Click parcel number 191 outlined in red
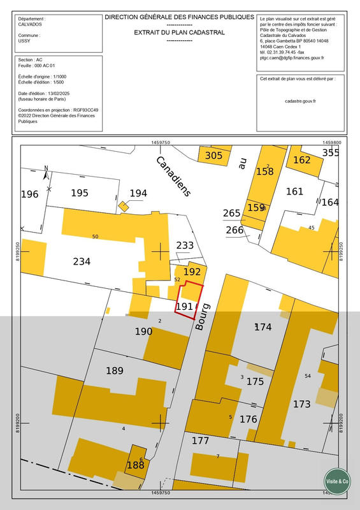pyautogui.click(x=184, y=307)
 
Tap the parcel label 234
pyautogui.click(x=82, y=261)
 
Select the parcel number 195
pyautogui.click(x=80, y=193)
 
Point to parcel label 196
pyautogui.click(x=29, y=194)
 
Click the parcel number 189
pyautogui.click(x=115, y=371)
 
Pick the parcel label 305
pyautogui.click(x=213, y=155)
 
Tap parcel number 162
pyautogui.click(x=301, y=160)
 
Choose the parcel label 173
pyautogui.click(x=301, y=404)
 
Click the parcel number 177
pyautogui.click(x=200, y=441)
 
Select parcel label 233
pyautogui.click(x=185, y=245)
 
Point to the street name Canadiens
pyautogui.click(x=174, y=176)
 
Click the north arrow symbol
pyautogui.click(x=46, y=171)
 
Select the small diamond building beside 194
pyautogui.click(x=123, y=205)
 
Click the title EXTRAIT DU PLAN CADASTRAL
pyautogui.click(x=179, y=32)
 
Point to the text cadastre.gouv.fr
pyautogui.click(x=301, y=101)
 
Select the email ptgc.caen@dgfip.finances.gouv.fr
pyautogui.click(x=292, y=58)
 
